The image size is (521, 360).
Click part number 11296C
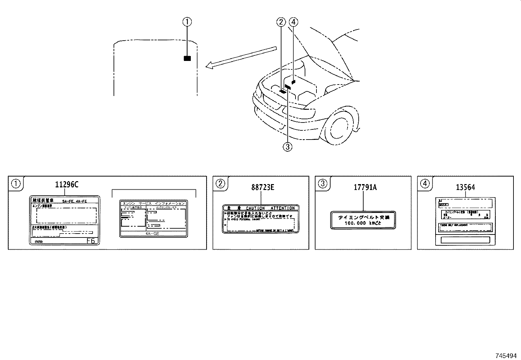pos(67,185)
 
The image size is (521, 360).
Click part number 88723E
pos(263,187)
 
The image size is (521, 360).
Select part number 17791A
pos(365,187)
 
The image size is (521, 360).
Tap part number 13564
pos(465,187)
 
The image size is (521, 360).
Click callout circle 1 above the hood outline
pos(187,22)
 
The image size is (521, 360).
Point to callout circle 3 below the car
pos(287,147)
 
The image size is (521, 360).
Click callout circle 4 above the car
pos(294,22)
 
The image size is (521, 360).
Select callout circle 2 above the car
pos(281,22)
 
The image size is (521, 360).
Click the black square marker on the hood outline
pos(187,58)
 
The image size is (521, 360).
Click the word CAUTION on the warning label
pos(255,208)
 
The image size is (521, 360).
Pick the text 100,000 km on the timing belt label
pos(363,223)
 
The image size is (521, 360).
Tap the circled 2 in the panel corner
pos(220,183)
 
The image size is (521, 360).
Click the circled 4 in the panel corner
pos(424,183)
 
